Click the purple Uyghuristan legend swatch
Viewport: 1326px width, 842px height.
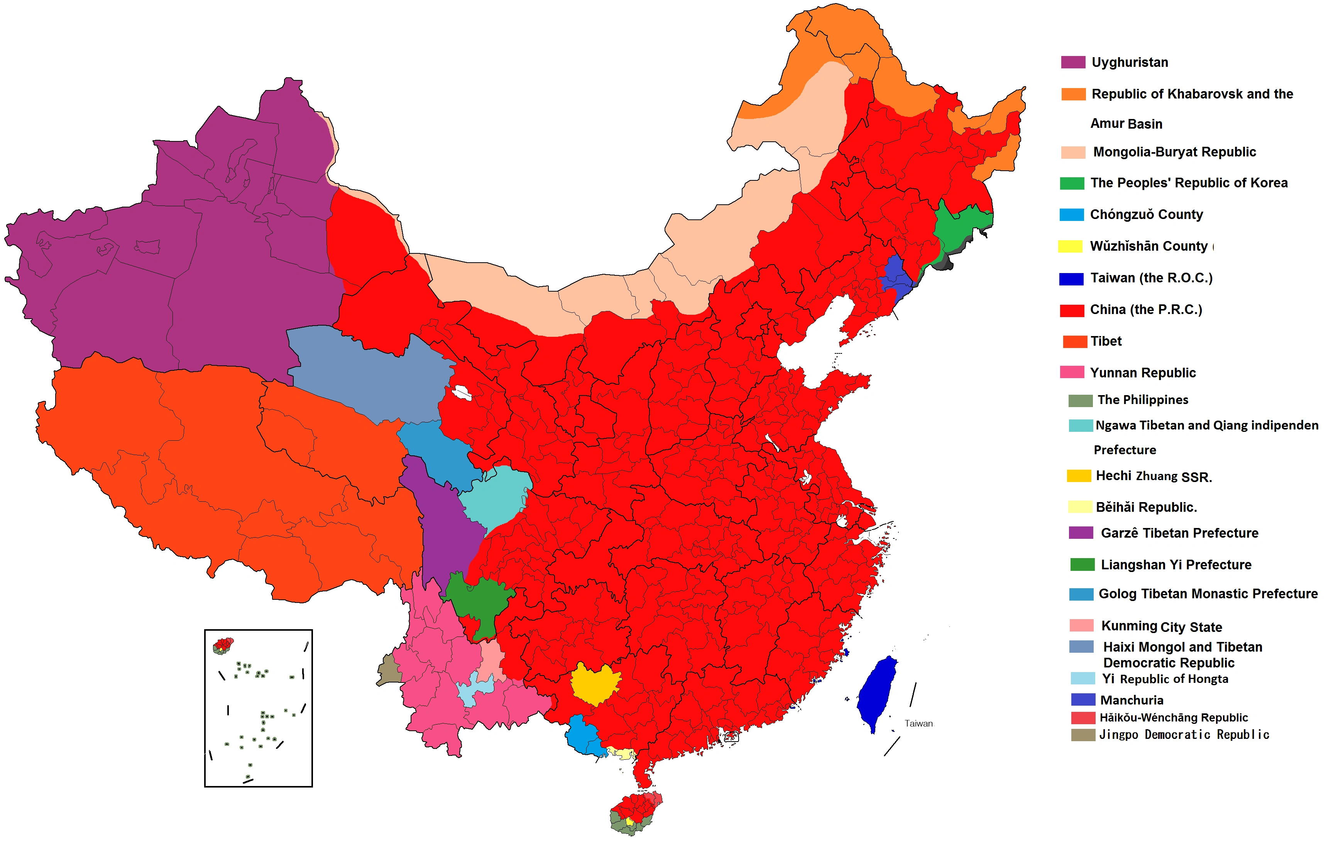pos(1073,62)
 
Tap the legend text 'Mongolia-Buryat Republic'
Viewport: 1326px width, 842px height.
pos(1174,152)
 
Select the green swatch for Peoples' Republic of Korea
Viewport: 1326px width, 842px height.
pos(1072,183)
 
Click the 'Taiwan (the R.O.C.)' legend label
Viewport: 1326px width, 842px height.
pos(1151,278)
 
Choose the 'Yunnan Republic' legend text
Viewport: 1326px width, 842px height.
pos(1143,373)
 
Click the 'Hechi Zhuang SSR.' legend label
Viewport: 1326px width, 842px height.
pos(1153,476)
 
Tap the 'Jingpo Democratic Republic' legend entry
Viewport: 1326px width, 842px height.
pos(1184,735)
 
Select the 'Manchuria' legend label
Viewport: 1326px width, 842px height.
pos(1131,700)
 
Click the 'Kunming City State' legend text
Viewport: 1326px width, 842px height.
pos(1161,626)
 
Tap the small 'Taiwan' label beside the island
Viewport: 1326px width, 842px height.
pos(918,723)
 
